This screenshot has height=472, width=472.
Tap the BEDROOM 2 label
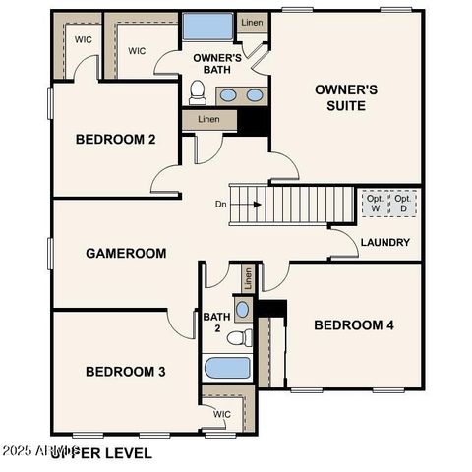[x=115, y=140]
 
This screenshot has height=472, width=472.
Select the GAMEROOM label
[x=126, y=253]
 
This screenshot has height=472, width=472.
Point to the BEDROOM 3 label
[x=125, y=371]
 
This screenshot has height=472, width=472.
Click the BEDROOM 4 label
[x=354, y=325]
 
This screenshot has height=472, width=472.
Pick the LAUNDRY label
[x=385, y=243]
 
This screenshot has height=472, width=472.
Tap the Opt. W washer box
[x=376, y=204]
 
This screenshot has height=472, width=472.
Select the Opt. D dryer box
[x=403, y=204]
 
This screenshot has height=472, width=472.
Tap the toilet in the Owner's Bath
[x=198, y=93]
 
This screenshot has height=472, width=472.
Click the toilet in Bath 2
[x=238, y=338]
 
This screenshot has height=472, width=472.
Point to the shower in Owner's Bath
[x=208, y=28]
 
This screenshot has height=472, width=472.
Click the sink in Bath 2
[x=243, y=309]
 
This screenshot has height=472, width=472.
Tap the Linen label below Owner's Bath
[x=208, y=120]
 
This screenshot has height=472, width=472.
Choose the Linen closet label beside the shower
[x=252, y=22]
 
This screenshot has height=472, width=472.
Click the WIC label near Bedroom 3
[x=222, y=414]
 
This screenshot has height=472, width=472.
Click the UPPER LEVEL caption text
[x=102, y=453]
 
